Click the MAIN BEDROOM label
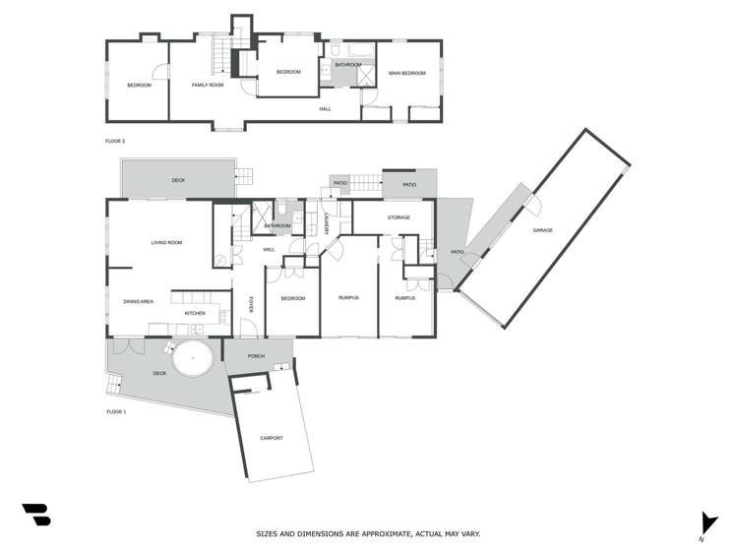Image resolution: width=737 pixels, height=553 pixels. click(406, 74)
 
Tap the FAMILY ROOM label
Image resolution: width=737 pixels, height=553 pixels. click(208, 86)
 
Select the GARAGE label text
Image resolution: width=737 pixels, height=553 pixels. click(542, 230)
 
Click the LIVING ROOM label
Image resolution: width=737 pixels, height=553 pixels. click(166, 242)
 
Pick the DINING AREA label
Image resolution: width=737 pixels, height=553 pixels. click(138, 301)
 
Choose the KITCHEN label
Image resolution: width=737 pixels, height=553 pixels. click(195, 313)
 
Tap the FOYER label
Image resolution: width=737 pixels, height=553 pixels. click(251, 305)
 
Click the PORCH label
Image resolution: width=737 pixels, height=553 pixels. click(256, 356)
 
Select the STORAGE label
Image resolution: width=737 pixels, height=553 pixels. click(398, 216)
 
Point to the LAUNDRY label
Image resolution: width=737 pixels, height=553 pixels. click(325, 224)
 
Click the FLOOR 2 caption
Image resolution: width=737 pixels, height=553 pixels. click(115, 142)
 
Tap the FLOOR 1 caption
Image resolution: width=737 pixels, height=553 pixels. click(115, 410)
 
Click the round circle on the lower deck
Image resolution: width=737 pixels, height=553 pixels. click(194, 359)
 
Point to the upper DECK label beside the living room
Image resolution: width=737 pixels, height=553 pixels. click(178, 181)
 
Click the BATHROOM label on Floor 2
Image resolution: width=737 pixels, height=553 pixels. click(347, 65)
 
